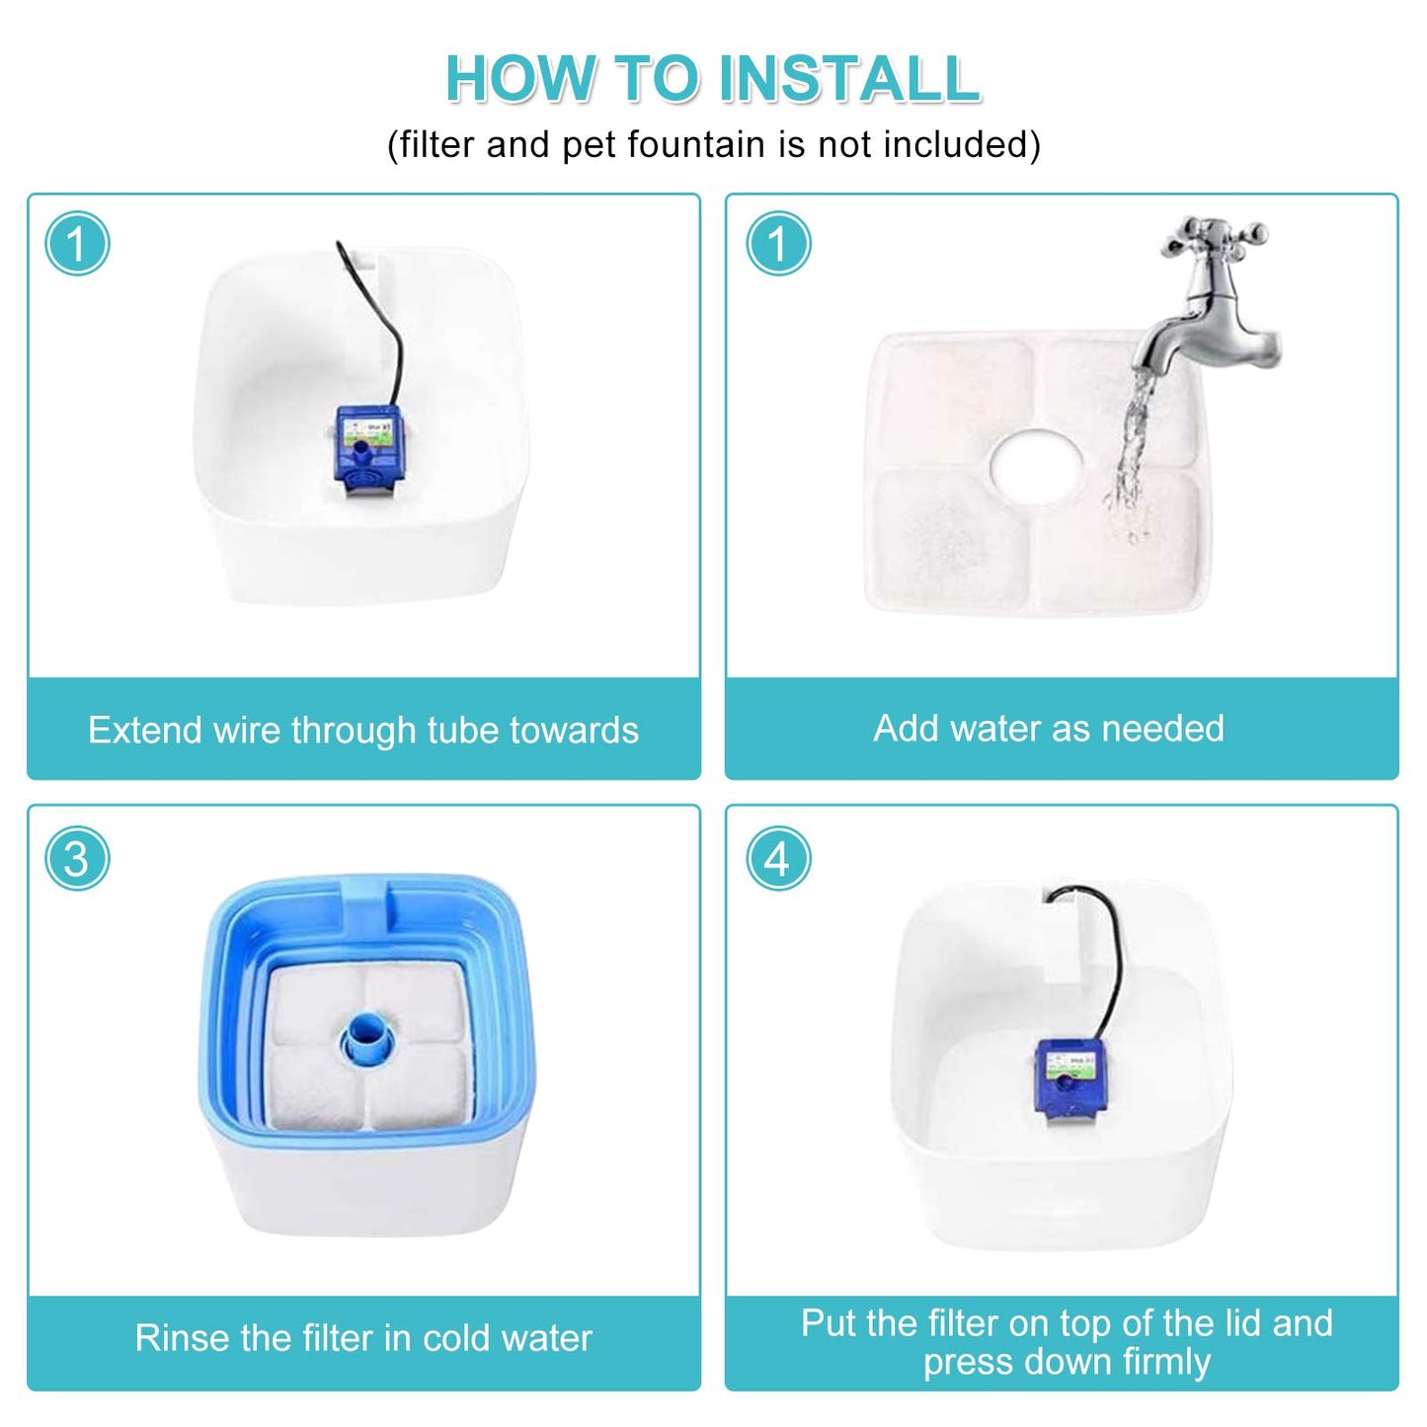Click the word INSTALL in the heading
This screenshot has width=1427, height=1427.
(x=849, y=78)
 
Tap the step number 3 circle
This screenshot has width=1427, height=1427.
(x=77, y=859)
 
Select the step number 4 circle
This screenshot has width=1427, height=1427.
(x=777, y=859)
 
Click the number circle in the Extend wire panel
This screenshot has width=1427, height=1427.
(x=77, y=243)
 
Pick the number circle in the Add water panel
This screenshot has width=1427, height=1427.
(x=777, y=243)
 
